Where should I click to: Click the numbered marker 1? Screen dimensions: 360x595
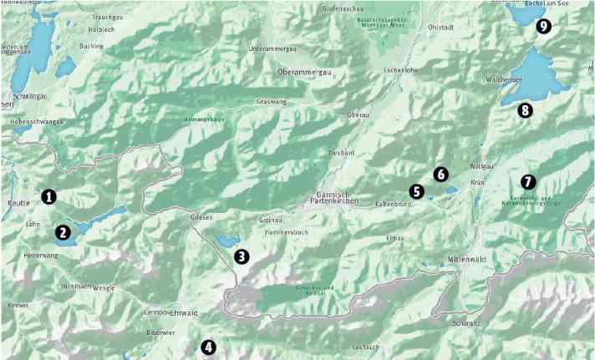(x=48, y=197)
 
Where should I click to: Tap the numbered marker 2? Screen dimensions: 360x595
(x=64, y=233)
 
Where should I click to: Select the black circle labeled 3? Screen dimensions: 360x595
(x=242, y=256)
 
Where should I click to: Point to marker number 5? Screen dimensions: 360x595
(x=416, y=191)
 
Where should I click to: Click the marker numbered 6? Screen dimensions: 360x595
(x=440, y=174)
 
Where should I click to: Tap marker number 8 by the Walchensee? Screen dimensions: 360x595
(x=524, y=109)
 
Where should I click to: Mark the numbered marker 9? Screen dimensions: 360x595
(x=543, y=26)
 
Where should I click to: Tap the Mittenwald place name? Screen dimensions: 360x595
(x=469, y=258)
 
